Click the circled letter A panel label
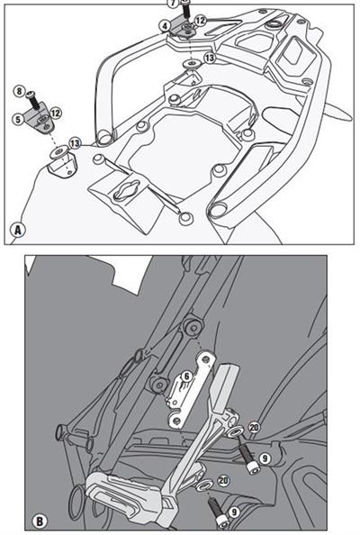coord(17,230)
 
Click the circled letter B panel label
coord(40,521)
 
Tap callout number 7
coord(173,4)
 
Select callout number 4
coord(165,26)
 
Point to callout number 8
coord(19,92)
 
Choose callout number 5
coord(18,119)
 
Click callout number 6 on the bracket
coord(186,376)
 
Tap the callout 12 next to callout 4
coord(200,21)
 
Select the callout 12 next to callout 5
coord(56,113)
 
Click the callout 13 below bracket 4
coord(210,58)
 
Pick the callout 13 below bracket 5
coord(75,143)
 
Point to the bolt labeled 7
coord(185,10)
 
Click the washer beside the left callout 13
coord(58,152)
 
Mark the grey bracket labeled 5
coord(40,119)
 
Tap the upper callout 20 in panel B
coord(254,427)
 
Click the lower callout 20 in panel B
coord(223,480)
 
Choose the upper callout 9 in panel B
coord(265,458)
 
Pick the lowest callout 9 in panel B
coord(234,512)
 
